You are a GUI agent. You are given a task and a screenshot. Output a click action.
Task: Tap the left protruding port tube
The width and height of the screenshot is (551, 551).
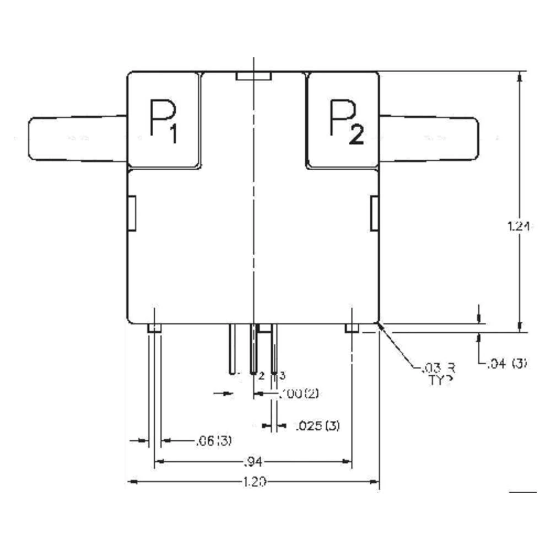(x=77, y=138)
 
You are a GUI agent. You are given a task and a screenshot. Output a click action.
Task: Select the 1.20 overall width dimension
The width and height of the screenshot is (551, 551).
(x=255, y=482)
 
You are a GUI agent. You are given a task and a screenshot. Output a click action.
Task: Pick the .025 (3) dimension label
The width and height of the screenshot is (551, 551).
(x=317, y=425)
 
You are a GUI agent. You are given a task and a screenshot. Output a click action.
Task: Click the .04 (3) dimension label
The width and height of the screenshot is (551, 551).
(x=507, y=363)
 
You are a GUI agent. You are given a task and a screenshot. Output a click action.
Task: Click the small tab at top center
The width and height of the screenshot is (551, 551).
(x=253, y=76)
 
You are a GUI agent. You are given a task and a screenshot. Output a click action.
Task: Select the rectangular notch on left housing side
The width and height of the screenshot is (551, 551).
(x=132, y=213)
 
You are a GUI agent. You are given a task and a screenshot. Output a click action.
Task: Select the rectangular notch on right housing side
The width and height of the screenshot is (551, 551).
(x=374, y=213)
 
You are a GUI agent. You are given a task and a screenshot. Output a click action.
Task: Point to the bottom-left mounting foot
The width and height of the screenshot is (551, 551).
(x=154, y=329)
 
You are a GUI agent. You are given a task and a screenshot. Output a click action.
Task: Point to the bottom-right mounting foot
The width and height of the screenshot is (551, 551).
(x=352, y=329)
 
